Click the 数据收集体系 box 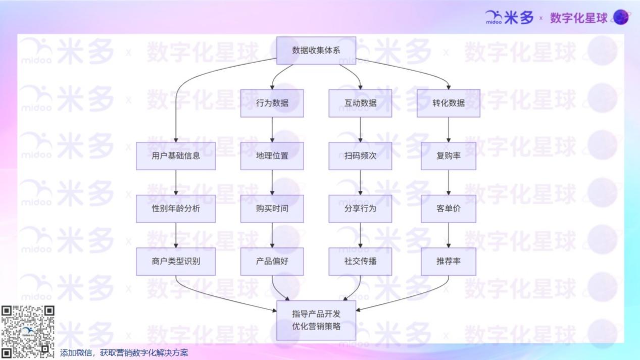pyautogui.click(x=316, y=50)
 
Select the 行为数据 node pyautogui.click(x=272, y=103)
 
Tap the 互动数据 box pyautogui.click(x=360, y=103)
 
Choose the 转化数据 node pyautogui.click(x=449, y=103)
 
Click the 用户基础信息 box pyautogui.click(x=176, y=156)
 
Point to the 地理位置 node pyautogui.click(x=272, y=156)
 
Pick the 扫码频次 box pyautogui.click(x=360, y=156)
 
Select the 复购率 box pyautogui.click(x=449, y=156)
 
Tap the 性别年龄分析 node pyautogui.click(x=176, y=209)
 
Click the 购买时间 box pyautogui.click(x=272, y=209)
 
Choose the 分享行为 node pyautogui.click(x=360, y=209)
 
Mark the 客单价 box pyautogui.click(x=449, y=209)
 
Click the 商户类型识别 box pyautogui.click(x=176, y=262)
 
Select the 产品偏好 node pyautogui.click(x=272, y=262)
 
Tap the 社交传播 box pyautogui.click(x=360, y=262)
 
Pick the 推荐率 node pyautogui.click(x=449, y=262)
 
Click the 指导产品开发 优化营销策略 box pyautogui.click(x=316, y=320)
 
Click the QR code pyautogui.click(x=28, y=332)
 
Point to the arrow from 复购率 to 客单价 pyautogui.click(x=449, y=182)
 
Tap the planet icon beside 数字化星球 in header pyautogui.click(x=621, y=18)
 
